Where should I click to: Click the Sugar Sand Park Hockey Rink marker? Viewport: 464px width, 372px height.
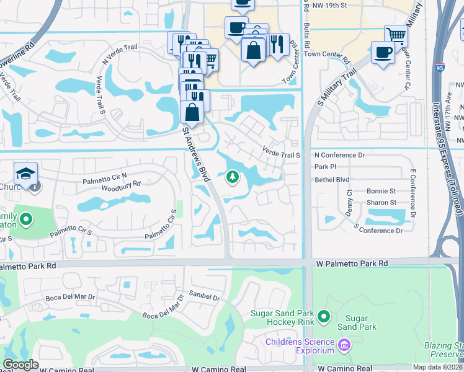pos(323,317)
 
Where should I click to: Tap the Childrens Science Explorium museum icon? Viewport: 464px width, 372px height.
pos(345,343)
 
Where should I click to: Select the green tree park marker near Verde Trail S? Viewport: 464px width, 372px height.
pos(233,177)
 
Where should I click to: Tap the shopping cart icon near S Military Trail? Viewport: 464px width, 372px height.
pos(396,35)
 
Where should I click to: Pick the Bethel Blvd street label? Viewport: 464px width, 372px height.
pos(332,179)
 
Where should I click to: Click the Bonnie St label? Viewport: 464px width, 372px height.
pos(381,192)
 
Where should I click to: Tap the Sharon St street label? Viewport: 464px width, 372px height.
pos(381,203)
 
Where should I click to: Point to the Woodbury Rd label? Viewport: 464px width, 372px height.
pos(121,184)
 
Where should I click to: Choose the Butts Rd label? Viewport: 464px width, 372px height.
pos(306,37)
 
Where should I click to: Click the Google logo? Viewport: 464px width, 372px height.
pos(20,365)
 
